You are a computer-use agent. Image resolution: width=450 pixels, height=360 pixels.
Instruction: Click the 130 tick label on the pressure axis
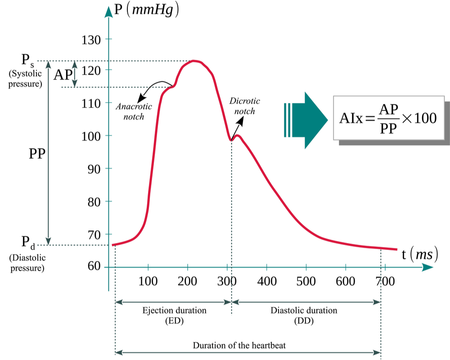tap(91, 40)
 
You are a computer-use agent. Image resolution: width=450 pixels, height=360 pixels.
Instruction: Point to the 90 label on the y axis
tap(94, 169)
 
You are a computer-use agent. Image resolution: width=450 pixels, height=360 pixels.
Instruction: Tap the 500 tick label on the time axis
tap(306, 281)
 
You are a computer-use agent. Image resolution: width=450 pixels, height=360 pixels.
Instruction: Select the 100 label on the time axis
tap(148, 281)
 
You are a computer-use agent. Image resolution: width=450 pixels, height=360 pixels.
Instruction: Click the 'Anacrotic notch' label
tap(134, 112)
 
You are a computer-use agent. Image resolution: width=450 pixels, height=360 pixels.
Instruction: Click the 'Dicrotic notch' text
tap(244, 106)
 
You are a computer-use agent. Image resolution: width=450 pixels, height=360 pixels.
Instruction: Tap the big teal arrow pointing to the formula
tap(306, 120)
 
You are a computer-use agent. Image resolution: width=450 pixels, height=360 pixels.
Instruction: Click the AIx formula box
tap(389, 118)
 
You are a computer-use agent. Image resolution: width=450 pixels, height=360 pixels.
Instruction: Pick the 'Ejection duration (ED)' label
tap(175, 315)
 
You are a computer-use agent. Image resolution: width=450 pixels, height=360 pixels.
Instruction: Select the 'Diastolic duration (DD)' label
tap(304, 315)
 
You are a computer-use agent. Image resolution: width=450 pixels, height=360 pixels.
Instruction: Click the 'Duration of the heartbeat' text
tap(239, 345)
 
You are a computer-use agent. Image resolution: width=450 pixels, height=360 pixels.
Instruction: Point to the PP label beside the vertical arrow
tap(37, 154)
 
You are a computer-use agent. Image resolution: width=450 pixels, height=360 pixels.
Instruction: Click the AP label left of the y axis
tap(63, 75)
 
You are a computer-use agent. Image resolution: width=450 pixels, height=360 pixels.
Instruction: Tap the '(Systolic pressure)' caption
tap(25, 79)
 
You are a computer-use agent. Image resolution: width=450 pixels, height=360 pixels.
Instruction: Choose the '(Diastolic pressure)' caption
tap(27, 263)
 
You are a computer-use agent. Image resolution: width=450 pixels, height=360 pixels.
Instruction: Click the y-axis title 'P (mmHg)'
tap(146, 10)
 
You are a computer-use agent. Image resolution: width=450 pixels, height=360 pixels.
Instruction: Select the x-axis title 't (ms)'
tap(420, 254)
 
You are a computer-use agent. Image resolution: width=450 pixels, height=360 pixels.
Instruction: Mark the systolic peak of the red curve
tap(194, 61)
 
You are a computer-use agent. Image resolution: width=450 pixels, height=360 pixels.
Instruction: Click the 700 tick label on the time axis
tap(385, 281)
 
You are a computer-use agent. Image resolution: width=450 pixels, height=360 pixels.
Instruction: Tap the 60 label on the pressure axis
tap(94, 266)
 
